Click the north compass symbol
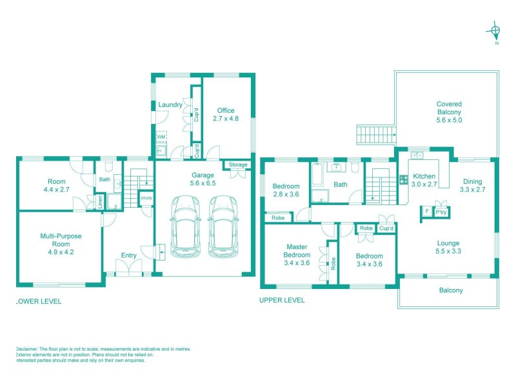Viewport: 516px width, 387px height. (496, 30)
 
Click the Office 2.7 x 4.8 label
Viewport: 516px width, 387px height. (226, 114)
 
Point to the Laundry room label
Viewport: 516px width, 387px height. (170, 104)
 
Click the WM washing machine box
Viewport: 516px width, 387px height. (161, 137)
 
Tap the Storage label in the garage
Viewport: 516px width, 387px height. (238, 165)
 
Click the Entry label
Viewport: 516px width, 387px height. (129, 255)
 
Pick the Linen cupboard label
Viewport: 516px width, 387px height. (101, 202)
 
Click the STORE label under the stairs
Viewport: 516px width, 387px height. (146, 198)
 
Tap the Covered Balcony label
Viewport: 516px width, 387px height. (449, 112)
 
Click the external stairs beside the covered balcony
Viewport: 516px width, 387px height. (373, 135)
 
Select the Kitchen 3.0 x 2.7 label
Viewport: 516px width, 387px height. (424, 180)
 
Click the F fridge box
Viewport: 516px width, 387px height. (426, 211)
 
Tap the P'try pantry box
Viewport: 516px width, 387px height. (442, 212)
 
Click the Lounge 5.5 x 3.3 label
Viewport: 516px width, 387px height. (448, 247)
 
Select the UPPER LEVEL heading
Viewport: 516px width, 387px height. (282, 300)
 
